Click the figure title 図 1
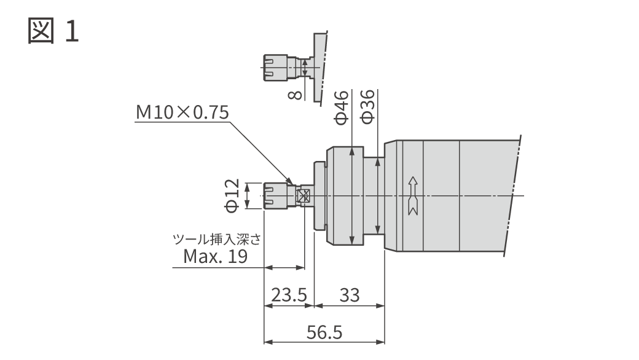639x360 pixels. click(53, 31)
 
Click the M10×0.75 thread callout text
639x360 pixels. click(182, 112)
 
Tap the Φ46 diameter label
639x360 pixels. click(342, 107)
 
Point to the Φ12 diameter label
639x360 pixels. click(232, 195)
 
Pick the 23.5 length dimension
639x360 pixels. click(289, 295)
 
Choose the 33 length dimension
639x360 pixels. click(350, 295)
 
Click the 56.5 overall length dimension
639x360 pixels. click(324, 332)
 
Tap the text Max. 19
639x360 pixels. click(216, 256)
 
